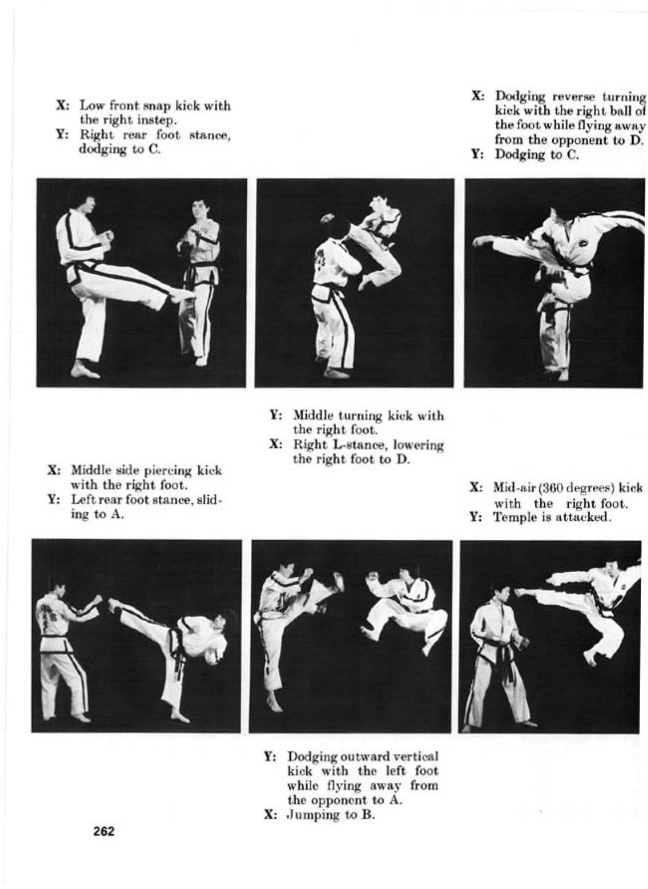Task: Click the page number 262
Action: (x=104, y=831)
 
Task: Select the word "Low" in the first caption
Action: (x=92, y=105)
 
